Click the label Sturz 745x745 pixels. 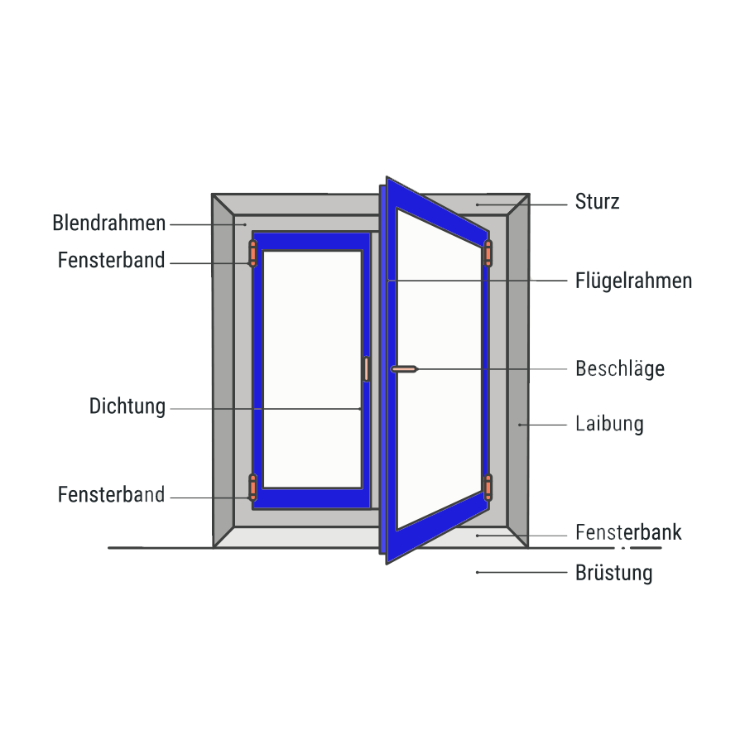click(x=597, y=202)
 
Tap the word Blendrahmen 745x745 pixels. click(x=109, y=223)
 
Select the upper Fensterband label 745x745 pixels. click(x=112, y=261)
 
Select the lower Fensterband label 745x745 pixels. click(x=112, y=496)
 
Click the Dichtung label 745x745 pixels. click(x=127, y=407)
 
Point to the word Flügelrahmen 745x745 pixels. click(x=633, y=281)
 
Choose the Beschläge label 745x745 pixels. click(x=620, y=368)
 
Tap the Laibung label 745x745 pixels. click(x=609, y=425)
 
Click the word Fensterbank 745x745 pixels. click(x=628, y=532)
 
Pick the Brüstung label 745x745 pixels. click(x=613, y=573)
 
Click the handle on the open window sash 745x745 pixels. click(x=405, y=368)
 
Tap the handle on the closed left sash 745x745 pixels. click(x=366, y=369)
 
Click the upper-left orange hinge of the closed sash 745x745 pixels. click(x=253, y=253)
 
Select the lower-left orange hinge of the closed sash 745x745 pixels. click(x=253, y=488)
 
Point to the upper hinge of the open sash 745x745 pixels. click(x=488, y=253)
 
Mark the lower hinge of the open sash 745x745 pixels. click(x=488, y=488)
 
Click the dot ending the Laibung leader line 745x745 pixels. click(x=520, y=425)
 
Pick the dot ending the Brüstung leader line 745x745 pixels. click(x=478, y=572)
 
